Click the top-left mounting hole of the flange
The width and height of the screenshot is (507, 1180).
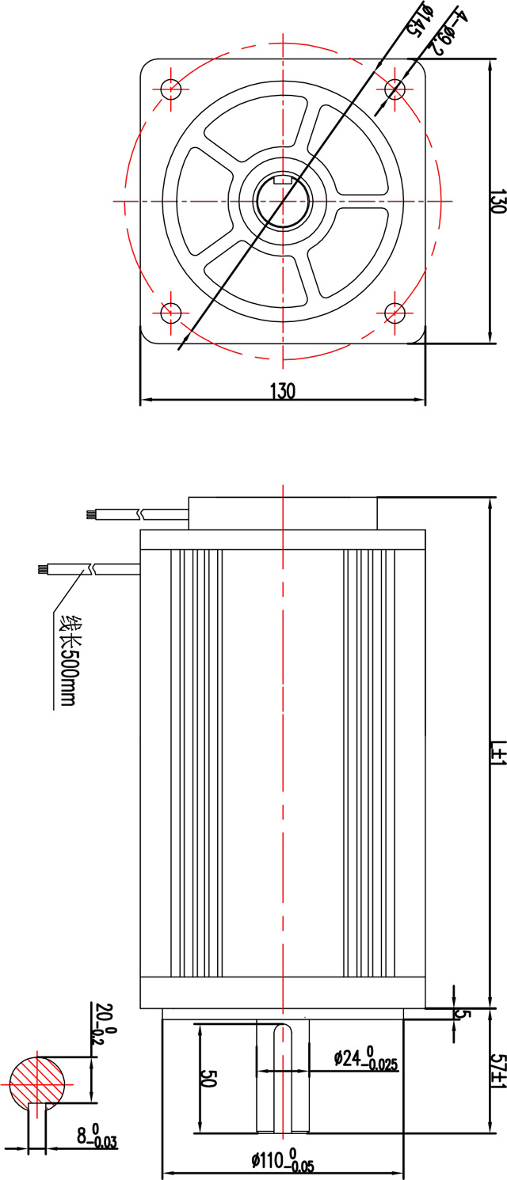click(171, 89)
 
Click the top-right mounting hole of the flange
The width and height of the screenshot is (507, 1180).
click(395, 89)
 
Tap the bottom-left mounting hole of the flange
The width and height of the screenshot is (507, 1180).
click(171, 313)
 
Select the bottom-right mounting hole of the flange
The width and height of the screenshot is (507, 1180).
click(395, 313)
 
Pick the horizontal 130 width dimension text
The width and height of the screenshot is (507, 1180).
click(283, 391)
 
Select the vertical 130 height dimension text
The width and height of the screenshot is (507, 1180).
click(496, 201)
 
